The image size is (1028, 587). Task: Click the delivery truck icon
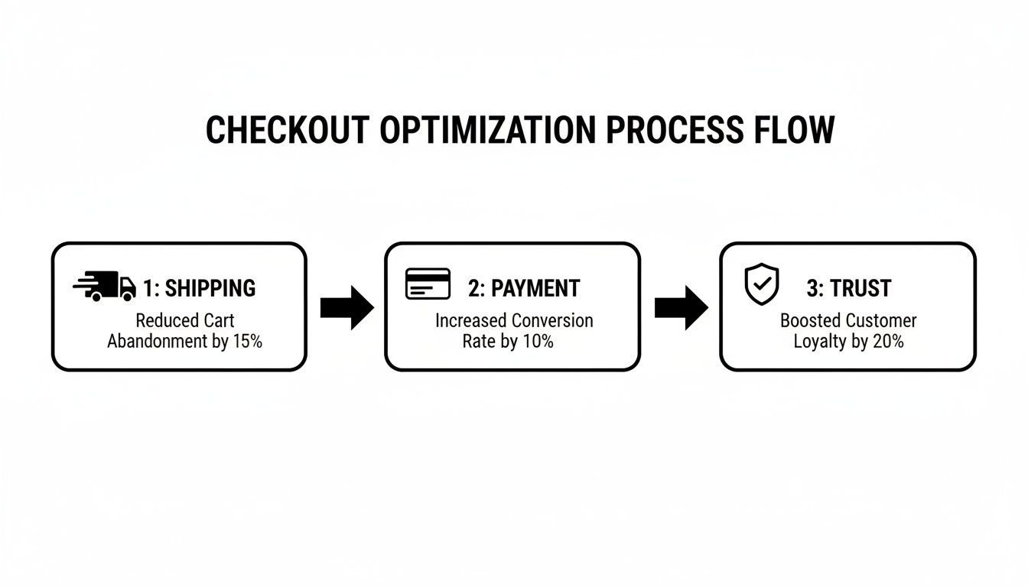click(104, 287)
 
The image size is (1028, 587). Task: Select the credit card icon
click(427, 284)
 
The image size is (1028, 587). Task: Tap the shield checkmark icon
click(762, 284)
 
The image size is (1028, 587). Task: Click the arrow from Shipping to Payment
click(346, 307)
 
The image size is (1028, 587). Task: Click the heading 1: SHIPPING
click(199, 288)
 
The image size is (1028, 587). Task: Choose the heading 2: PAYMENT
click(524, 288)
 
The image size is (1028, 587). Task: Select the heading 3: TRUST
click(849, 288)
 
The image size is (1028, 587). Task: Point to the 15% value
click(246, 342)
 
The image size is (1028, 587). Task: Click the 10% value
click(538, 342)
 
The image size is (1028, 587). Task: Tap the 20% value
click(887, 342)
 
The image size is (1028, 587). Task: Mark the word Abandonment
click(157, 342)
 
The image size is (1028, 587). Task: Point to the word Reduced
click(162, 321)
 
